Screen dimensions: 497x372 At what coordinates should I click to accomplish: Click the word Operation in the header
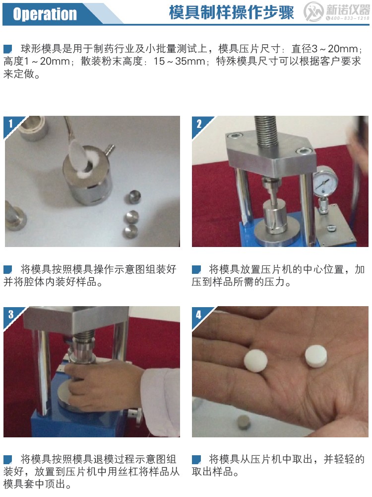[45, 14]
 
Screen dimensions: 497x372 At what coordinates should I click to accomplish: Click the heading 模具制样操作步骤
[231, 13]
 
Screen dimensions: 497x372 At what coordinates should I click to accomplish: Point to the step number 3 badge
[11, 314]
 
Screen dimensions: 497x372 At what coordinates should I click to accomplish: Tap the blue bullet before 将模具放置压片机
[196, 269]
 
